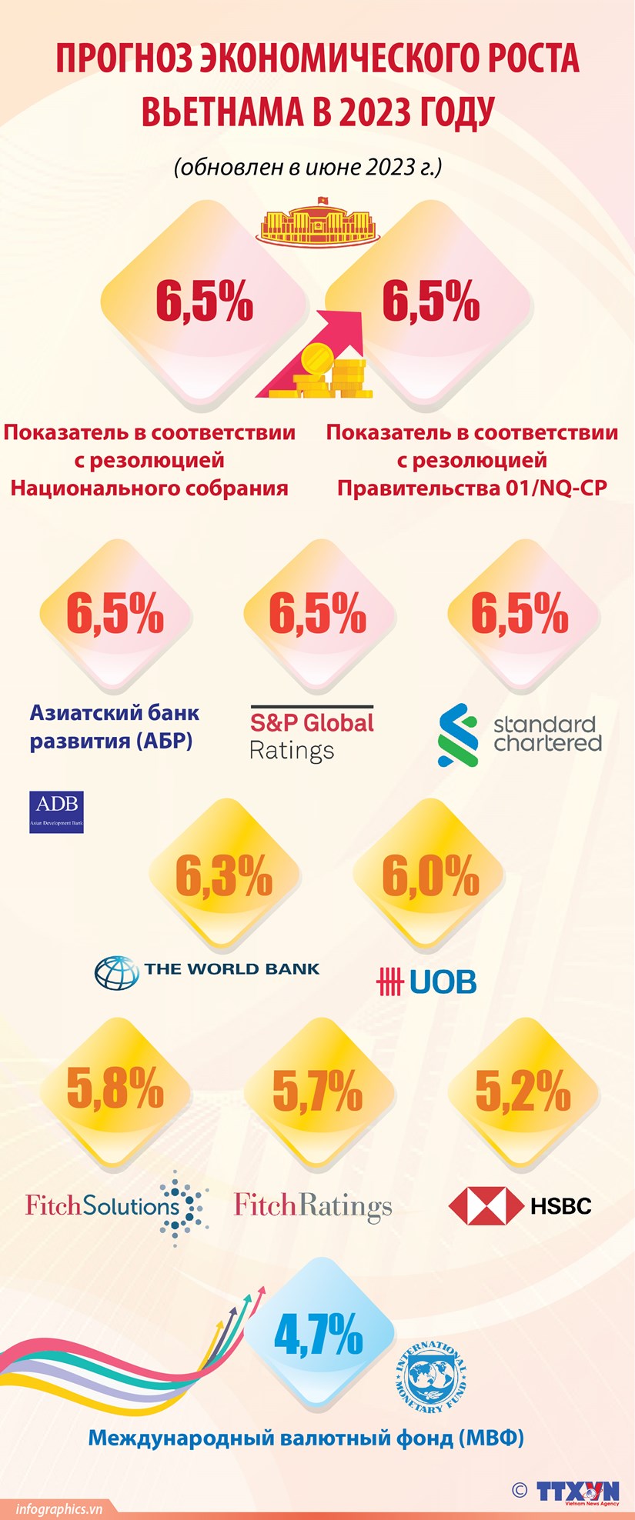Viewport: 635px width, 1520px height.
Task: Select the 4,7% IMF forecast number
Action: click(x=319, y=1335)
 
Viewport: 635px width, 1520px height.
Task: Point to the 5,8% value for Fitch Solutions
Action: click(x=115, y=1088)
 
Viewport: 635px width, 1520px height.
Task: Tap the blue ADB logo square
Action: click(x=56, y=812)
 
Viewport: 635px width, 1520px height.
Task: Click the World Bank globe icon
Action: click(x=116, y=972)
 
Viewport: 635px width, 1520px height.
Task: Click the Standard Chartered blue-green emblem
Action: click(x=458, y=735)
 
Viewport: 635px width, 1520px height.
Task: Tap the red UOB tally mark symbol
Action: click(x=390, y=982)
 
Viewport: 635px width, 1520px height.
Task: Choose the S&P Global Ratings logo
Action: click(x=312, y=735)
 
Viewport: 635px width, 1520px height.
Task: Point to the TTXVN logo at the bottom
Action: click(x=577, y=1490)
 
